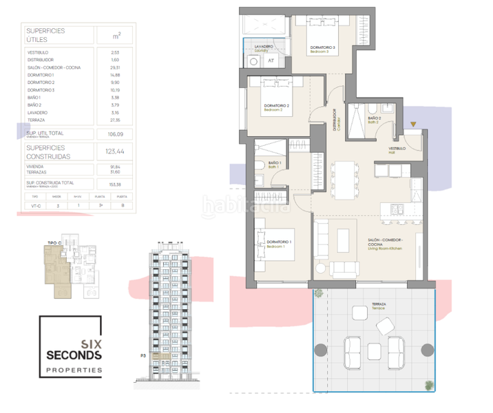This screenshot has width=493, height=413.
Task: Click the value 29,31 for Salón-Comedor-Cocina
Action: click(105, 68)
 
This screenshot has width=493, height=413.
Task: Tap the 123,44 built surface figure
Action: click(107, 151)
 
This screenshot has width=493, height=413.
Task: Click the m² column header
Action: click(105, 34)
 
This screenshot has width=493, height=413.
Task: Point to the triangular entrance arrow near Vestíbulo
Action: click(412, 124)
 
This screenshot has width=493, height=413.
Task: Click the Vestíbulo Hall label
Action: click(398, 148)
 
